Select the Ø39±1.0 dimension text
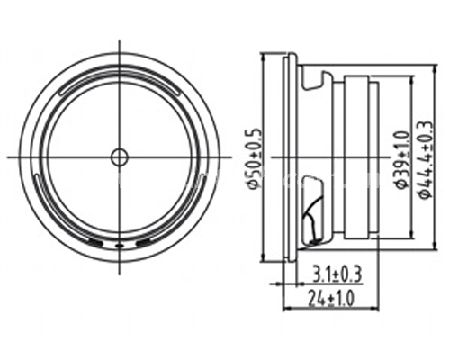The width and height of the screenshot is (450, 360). coord(403,159)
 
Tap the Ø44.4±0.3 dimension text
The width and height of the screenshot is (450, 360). coord(426,159)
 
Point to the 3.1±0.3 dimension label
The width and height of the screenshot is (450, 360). coord(337,274)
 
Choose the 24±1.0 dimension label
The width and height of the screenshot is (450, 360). coord(331,299)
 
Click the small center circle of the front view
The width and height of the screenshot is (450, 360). coord(120,157)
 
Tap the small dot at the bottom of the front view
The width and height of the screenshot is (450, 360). coord(120,246)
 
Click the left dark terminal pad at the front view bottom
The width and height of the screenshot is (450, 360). coord(96,242)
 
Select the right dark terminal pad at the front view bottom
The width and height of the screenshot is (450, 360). coord(143,242)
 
